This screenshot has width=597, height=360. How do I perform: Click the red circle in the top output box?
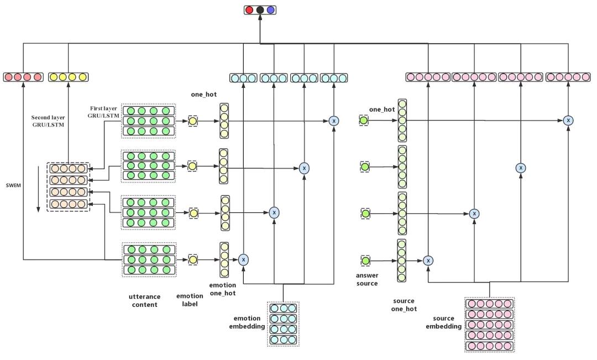coord(250,9)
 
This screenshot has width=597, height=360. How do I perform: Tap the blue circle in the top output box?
coord(270,9)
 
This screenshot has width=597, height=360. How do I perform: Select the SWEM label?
coord(14,185)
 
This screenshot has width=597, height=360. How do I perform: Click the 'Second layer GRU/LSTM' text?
coord(48,121)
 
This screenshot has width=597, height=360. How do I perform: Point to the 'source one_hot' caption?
coord(404,305)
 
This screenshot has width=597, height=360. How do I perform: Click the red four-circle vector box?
coord(23,77)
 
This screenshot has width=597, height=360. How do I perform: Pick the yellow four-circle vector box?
coord(67,77)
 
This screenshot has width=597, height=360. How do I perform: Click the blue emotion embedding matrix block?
coord(283,324)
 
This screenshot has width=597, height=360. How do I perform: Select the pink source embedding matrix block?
coord(489,325)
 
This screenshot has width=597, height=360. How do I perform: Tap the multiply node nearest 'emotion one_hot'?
coord(243,259)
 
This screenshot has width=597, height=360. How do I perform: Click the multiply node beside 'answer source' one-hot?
coord(428,260)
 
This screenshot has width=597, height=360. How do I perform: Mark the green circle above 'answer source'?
coord(364,260)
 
